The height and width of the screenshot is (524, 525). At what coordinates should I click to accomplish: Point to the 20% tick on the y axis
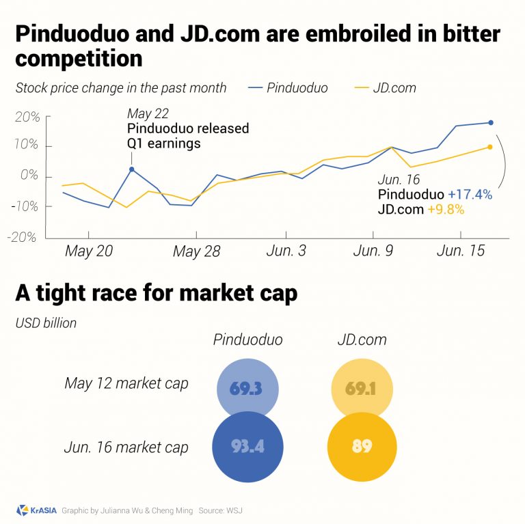27,117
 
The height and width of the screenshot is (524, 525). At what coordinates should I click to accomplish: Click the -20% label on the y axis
25,237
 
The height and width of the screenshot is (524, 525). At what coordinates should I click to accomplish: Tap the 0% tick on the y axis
31,177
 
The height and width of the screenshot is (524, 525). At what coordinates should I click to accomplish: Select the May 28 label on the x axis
196,251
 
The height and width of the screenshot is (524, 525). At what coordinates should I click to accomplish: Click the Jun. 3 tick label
286,251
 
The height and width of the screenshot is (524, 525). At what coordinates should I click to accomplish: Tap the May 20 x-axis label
89,251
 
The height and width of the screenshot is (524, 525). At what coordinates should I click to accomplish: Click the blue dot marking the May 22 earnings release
131,169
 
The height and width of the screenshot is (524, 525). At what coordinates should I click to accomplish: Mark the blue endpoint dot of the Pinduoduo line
490,123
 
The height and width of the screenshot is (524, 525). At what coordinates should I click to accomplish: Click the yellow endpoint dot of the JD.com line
489,147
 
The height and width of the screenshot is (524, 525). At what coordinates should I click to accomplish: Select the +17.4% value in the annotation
470,195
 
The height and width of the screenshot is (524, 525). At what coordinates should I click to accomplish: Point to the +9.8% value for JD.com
445,210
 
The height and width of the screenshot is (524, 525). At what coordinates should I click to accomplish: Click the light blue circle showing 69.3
247,389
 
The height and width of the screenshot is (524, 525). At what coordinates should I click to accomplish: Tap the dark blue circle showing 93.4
247,446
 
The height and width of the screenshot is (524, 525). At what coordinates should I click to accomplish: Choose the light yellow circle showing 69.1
362,389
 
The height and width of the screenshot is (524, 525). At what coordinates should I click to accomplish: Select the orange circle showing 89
362,446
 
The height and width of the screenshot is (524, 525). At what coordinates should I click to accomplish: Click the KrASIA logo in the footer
34,510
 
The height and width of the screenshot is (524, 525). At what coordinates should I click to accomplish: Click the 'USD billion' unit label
46,322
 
